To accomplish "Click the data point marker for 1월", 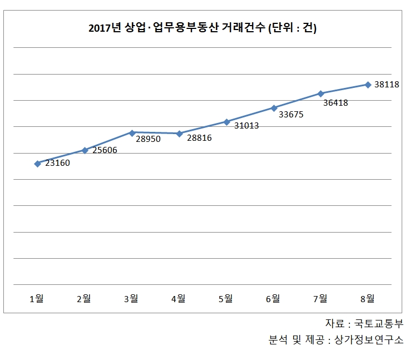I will click(x=37, y=164).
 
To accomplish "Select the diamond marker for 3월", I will click(x=132, y=133).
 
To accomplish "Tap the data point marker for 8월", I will click(x=368, y=85).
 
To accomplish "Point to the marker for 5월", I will click(x=226, y=121).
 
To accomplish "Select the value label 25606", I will click(x=105, y=150).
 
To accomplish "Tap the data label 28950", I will click(x=148, y=139).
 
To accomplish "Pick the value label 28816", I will click(x=199, y=138).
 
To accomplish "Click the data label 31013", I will click(x=246, y=126).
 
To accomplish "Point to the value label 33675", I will click(x=291, y=115).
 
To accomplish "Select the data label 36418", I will click(x=335, y=102).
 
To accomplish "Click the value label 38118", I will click(x=387, y=85).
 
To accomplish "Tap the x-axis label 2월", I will click(x=84, y=299).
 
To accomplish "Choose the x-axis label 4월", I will click(x=179, y=299).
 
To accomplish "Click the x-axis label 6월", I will click(x=273, y=299).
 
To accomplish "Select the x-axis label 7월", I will click(x=320, y=299).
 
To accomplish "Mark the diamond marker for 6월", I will click(x=274, y=108).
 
